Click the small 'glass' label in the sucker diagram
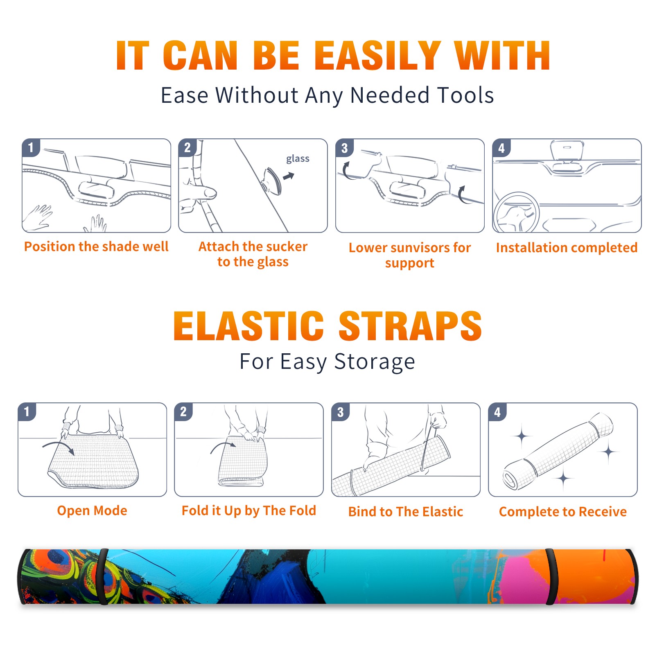click(298, 159)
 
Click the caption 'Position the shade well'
click(96, 246)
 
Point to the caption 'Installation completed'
click(567, 247)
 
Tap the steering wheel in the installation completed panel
click(516, 213)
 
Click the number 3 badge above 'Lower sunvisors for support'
click(344, 148)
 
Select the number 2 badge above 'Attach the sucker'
click(187, 147)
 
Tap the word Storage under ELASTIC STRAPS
click(375, 362)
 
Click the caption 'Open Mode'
click(92, 510)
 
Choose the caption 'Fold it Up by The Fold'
click(249, 510)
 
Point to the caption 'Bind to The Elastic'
click(406, 512)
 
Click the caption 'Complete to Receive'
click(563, 512)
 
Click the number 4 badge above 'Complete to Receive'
click(497, 412)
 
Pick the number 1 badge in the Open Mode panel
click(27, 411)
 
